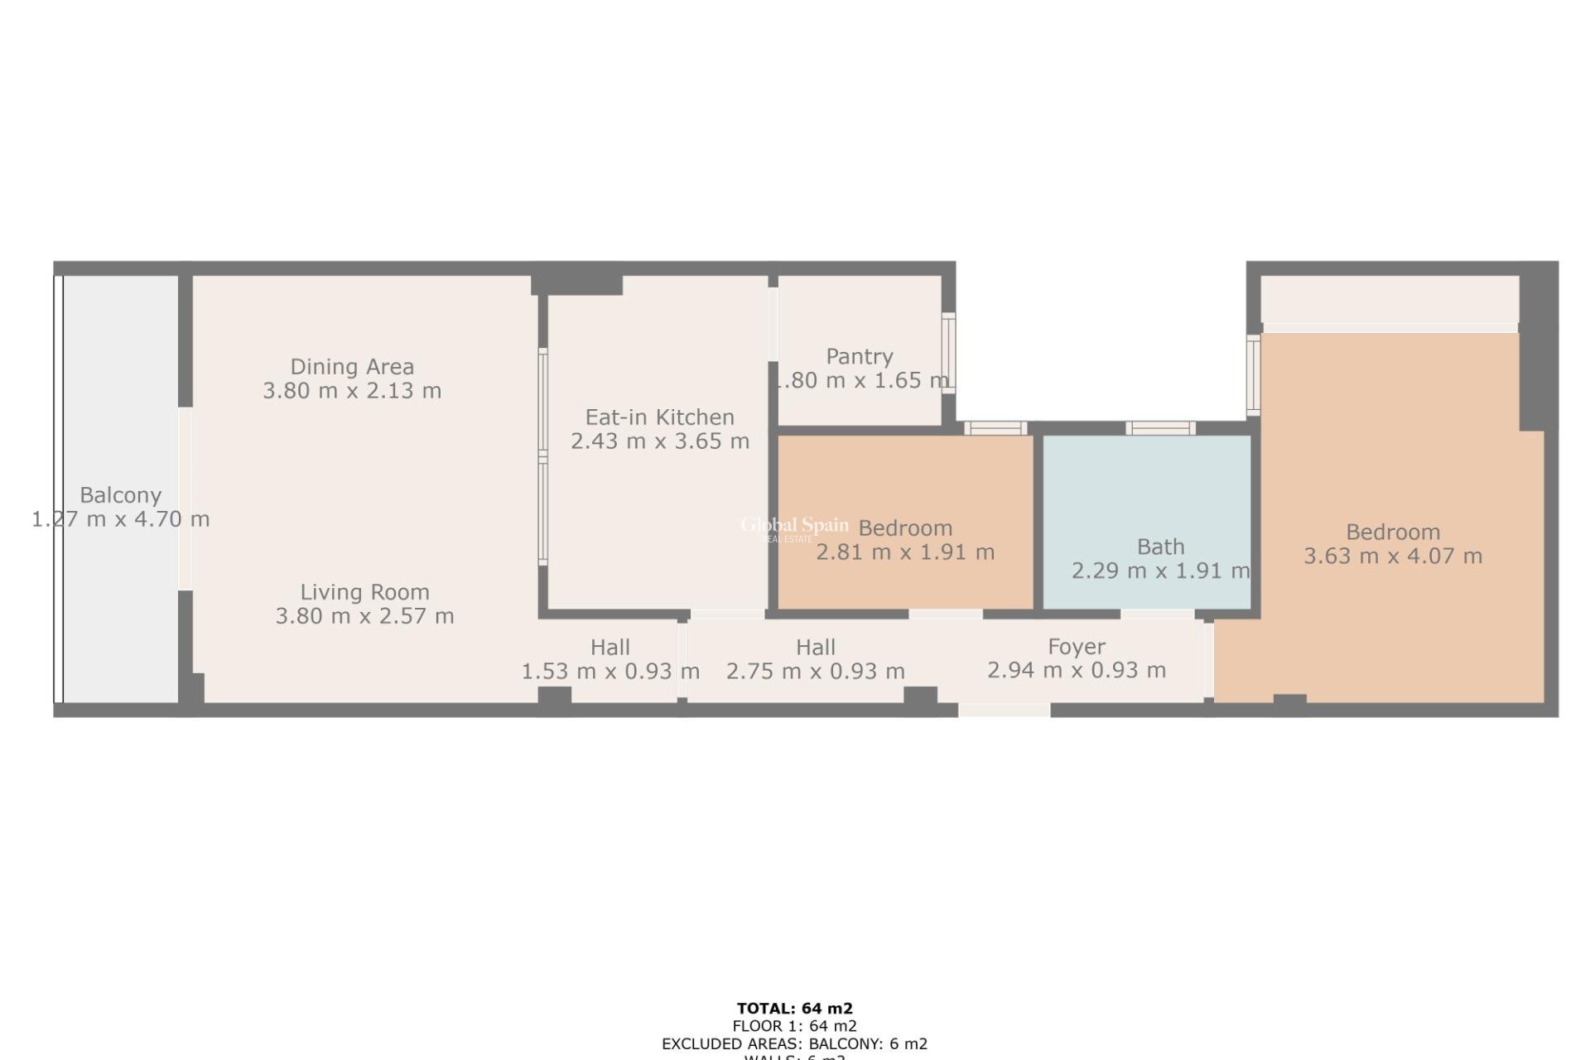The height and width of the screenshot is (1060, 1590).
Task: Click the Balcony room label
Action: click(x=120, y=495)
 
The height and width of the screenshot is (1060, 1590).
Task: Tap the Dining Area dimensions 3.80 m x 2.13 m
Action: click(x=352, y=391)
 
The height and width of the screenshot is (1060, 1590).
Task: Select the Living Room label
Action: click(x=364, y=592)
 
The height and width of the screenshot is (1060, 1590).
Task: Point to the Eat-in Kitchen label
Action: click(x=659, y=417)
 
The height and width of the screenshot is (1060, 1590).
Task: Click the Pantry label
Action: click(x=860, y=357)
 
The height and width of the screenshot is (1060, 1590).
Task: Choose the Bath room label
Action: click(x=1160, y=547)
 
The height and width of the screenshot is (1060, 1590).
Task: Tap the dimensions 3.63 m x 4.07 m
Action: click(x=1393, y=556)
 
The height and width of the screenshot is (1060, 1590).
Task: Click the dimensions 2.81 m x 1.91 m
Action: click(x=905, y=552)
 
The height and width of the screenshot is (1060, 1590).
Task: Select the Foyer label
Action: click(x=1076, y=647)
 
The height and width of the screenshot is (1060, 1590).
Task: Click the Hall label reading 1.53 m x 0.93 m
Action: click(x=609, y=648)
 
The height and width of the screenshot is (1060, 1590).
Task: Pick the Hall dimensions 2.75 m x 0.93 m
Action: click(x=815, y=672)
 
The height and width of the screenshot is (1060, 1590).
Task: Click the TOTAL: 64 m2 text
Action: click(x=794, y=1009)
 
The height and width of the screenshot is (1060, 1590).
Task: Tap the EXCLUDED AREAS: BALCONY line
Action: click(x=794, y=1044)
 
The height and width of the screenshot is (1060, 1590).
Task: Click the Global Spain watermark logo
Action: click(x=793, y=527)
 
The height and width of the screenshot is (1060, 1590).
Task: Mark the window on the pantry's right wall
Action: click(x=949, y=354)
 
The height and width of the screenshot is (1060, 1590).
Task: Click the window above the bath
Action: click(x=1159, y=428)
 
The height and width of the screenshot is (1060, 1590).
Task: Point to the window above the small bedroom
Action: click(x=995, y=428)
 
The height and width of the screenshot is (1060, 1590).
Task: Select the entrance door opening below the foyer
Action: click(x=1004, y=711)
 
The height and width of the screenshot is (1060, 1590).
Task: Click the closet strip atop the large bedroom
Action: click(x=1389, y=300)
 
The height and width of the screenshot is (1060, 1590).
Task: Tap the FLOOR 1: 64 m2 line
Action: click(x=794, y=1027)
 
